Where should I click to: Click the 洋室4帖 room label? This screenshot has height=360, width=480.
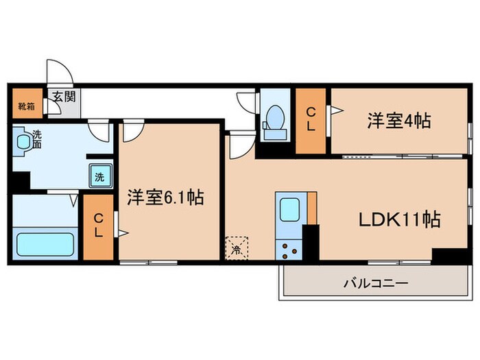click(398, 121)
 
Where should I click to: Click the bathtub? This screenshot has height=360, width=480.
click(45, 244)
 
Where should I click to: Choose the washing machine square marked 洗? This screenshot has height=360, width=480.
click(99, 176)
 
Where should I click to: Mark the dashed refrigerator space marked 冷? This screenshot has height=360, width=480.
click(235, 246)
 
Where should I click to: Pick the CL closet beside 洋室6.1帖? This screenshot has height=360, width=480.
click(98, 226)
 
